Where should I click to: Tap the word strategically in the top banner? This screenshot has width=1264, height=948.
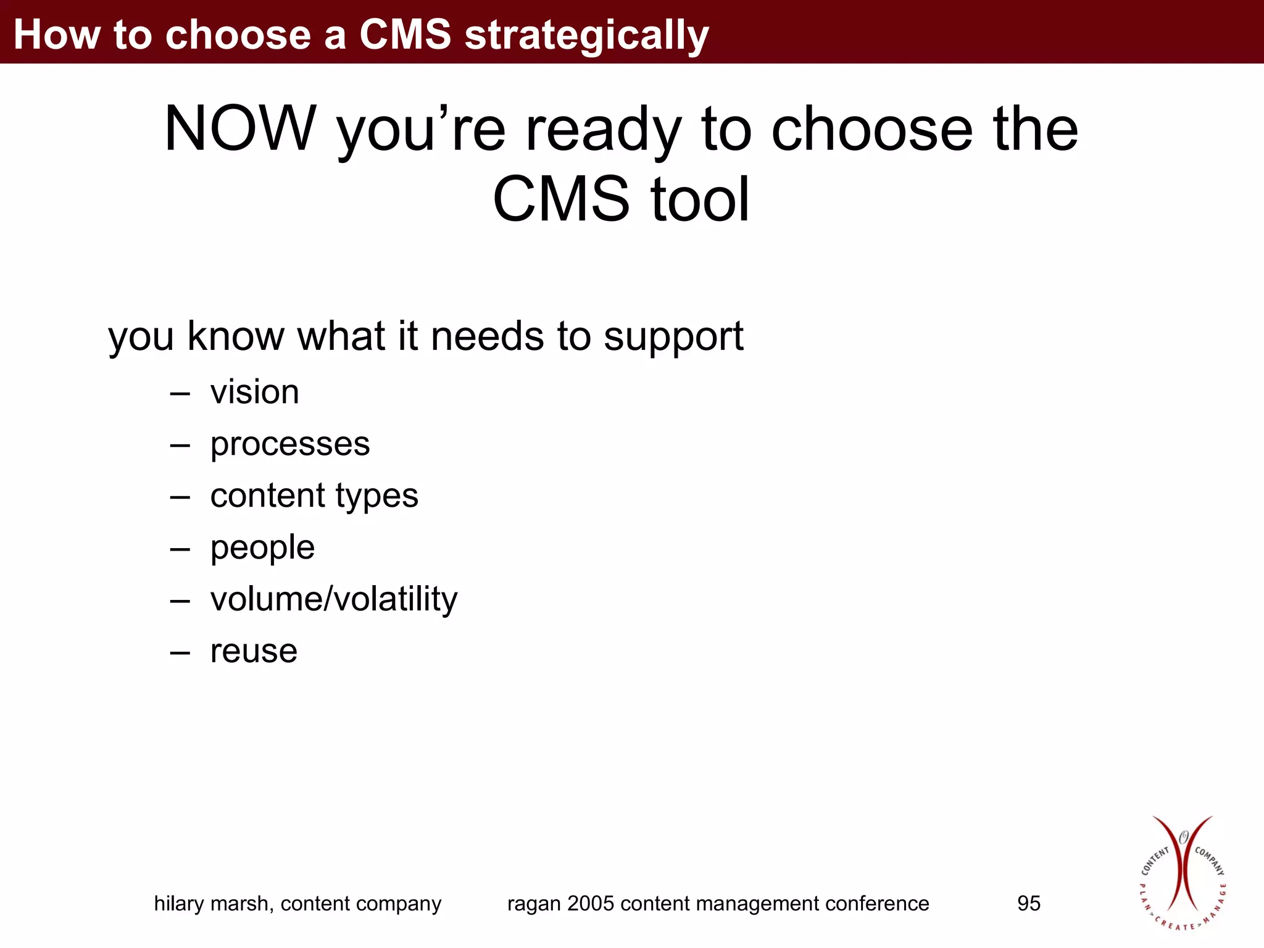click(586, 35)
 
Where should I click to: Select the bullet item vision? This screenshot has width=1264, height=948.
click(254, 392)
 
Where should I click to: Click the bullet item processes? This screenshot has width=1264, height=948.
click(289, 444)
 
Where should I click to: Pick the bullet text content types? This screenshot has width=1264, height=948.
click(314, 496)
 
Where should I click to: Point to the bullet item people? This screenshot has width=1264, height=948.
click(262, 547)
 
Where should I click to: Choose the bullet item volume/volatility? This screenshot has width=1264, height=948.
click(333, 599)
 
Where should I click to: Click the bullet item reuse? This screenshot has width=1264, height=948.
click(254, 651)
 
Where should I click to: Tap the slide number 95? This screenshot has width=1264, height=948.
click(1028, 904)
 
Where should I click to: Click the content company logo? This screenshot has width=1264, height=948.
click(1182, 873)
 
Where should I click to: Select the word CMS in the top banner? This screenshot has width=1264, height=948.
click(405, 35)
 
